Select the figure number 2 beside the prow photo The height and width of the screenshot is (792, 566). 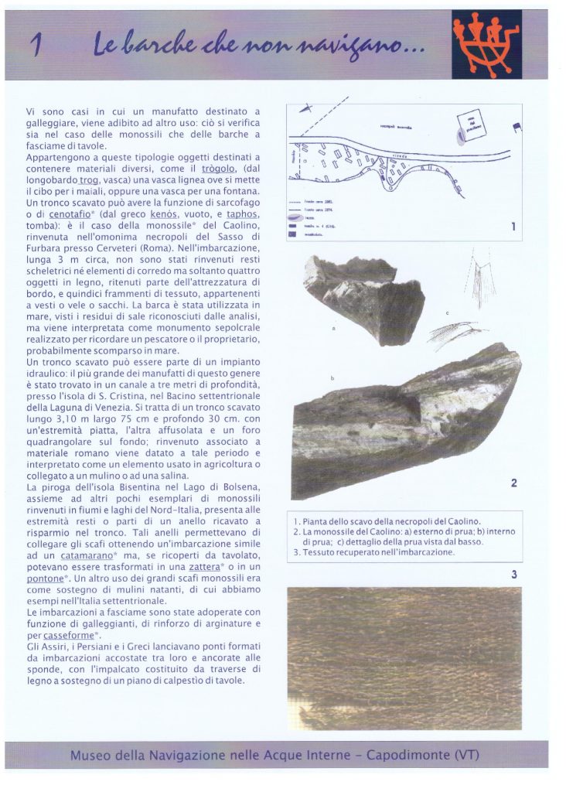click(x=513, y=483)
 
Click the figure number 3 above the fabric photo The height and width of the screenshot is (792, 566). click(x=513, y=574)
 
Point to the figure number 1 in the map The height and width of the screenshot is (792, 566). click(x=513, y=227)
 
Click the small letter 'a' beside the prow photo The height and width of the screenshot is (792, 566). click(x=333, y=328)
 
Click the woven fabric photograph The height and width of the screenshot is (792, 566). click(x=404, y=657)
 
